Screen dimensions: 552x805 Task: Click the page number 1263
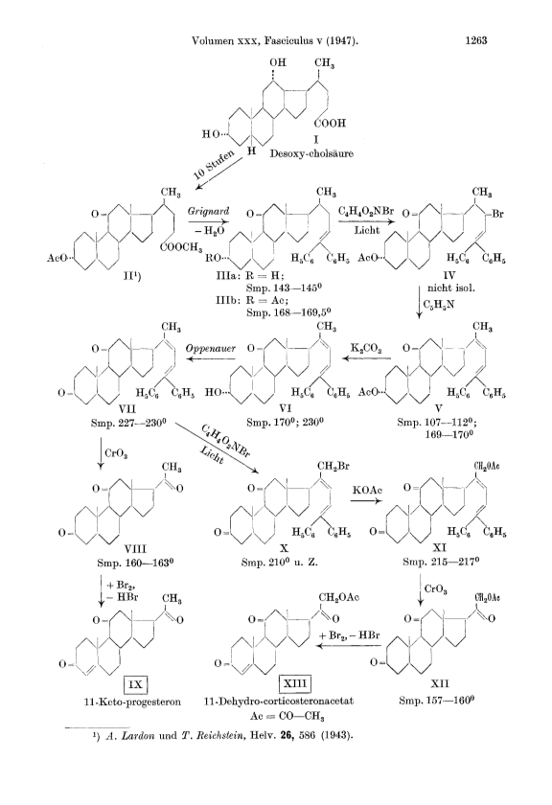click(476, 40)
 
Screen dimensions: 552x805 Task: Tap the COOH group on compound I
click(331, 124)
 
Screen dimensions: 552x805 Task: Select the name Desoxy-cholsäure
click(311, 153)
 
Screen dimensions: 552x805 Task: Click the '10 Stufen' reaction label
click(213, 164)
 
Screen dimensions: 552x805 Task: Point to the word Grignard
click(208, 212)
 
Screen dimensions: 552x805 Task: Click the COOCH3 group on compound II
click(181, 247)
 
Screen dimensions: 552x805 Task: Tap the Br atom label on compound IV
click(497, 214)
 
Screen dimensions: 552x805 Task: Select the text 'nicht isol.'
click(450, 288)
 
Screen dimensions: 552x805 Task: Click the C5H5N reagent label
click(439, 305)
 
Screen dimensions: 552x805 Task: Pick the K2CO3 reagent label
click(366, 349)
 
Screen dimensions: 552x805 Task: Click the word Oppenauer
click(211, 349)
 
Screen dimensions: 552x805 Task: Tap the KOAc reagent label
click(367, 491)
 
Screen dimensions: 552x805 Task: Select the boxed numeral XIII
click(295, 684)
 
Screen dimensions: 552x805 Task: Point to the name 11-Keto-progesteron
click(132, 701)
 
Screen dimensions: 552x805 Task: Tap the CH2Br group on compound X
click(333, 467)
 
